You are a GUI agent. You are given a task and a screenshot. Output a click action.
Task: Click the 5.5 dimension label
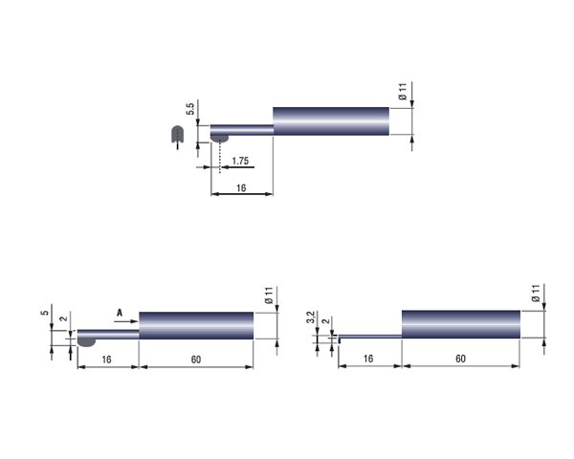pyautogui.click(x=190, y=109)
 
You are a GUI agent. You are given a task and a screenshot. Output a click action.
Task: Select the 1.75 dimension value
pyautogui.click(x=240, y=161)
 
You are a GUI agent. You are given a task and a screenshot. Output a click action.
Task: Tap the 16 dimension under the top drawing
pyautogui.click(x=241, y=188)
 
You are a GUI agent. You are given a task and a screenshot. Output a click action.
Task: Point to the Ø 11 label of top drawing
pyautogui.click(x=403, y=92)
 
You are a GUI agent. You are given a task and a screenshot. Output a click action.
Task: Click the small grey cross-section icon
pyautogui.click(x=177, y=134)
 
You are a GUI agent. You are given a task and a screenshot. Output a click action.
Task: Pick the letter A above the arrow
pyautogui.click(x=120, y=313)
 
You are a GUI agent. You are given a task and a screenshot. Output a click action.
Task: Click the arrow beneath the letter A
pyautogui.click(x=126, y=321)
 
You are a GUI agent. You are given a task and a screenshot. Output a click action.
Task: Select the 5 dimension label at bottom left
pyautogui.click(x=45, y=313)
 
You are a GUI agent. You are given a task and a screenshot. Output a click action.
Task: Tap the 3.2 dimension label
pyautogui.click(x=311, y=317)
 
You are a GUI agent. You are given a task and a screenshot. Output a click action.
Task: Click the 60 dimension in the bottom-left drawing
pyautogui.click(x=196, y=360)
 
